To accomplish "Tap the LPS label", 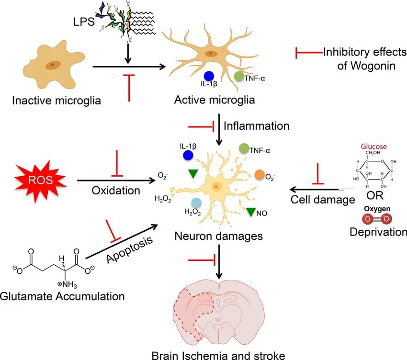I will pos(87,23).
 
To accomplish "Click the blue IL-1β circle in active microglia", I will pos(208,76).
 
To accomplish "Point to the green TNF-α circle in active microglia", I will pos(239,75).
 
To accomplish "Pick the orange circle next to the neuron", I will pos(260,174).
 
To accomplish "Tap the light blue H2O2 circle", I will pos(196,202).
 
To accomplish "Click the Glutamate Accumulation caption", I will pos(62,296).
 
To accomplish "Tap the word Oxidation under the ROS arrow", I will pos(116,190).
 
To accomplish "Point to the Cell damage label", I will pos(322,200).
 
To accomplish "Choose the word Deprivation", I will pos(378,232).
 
